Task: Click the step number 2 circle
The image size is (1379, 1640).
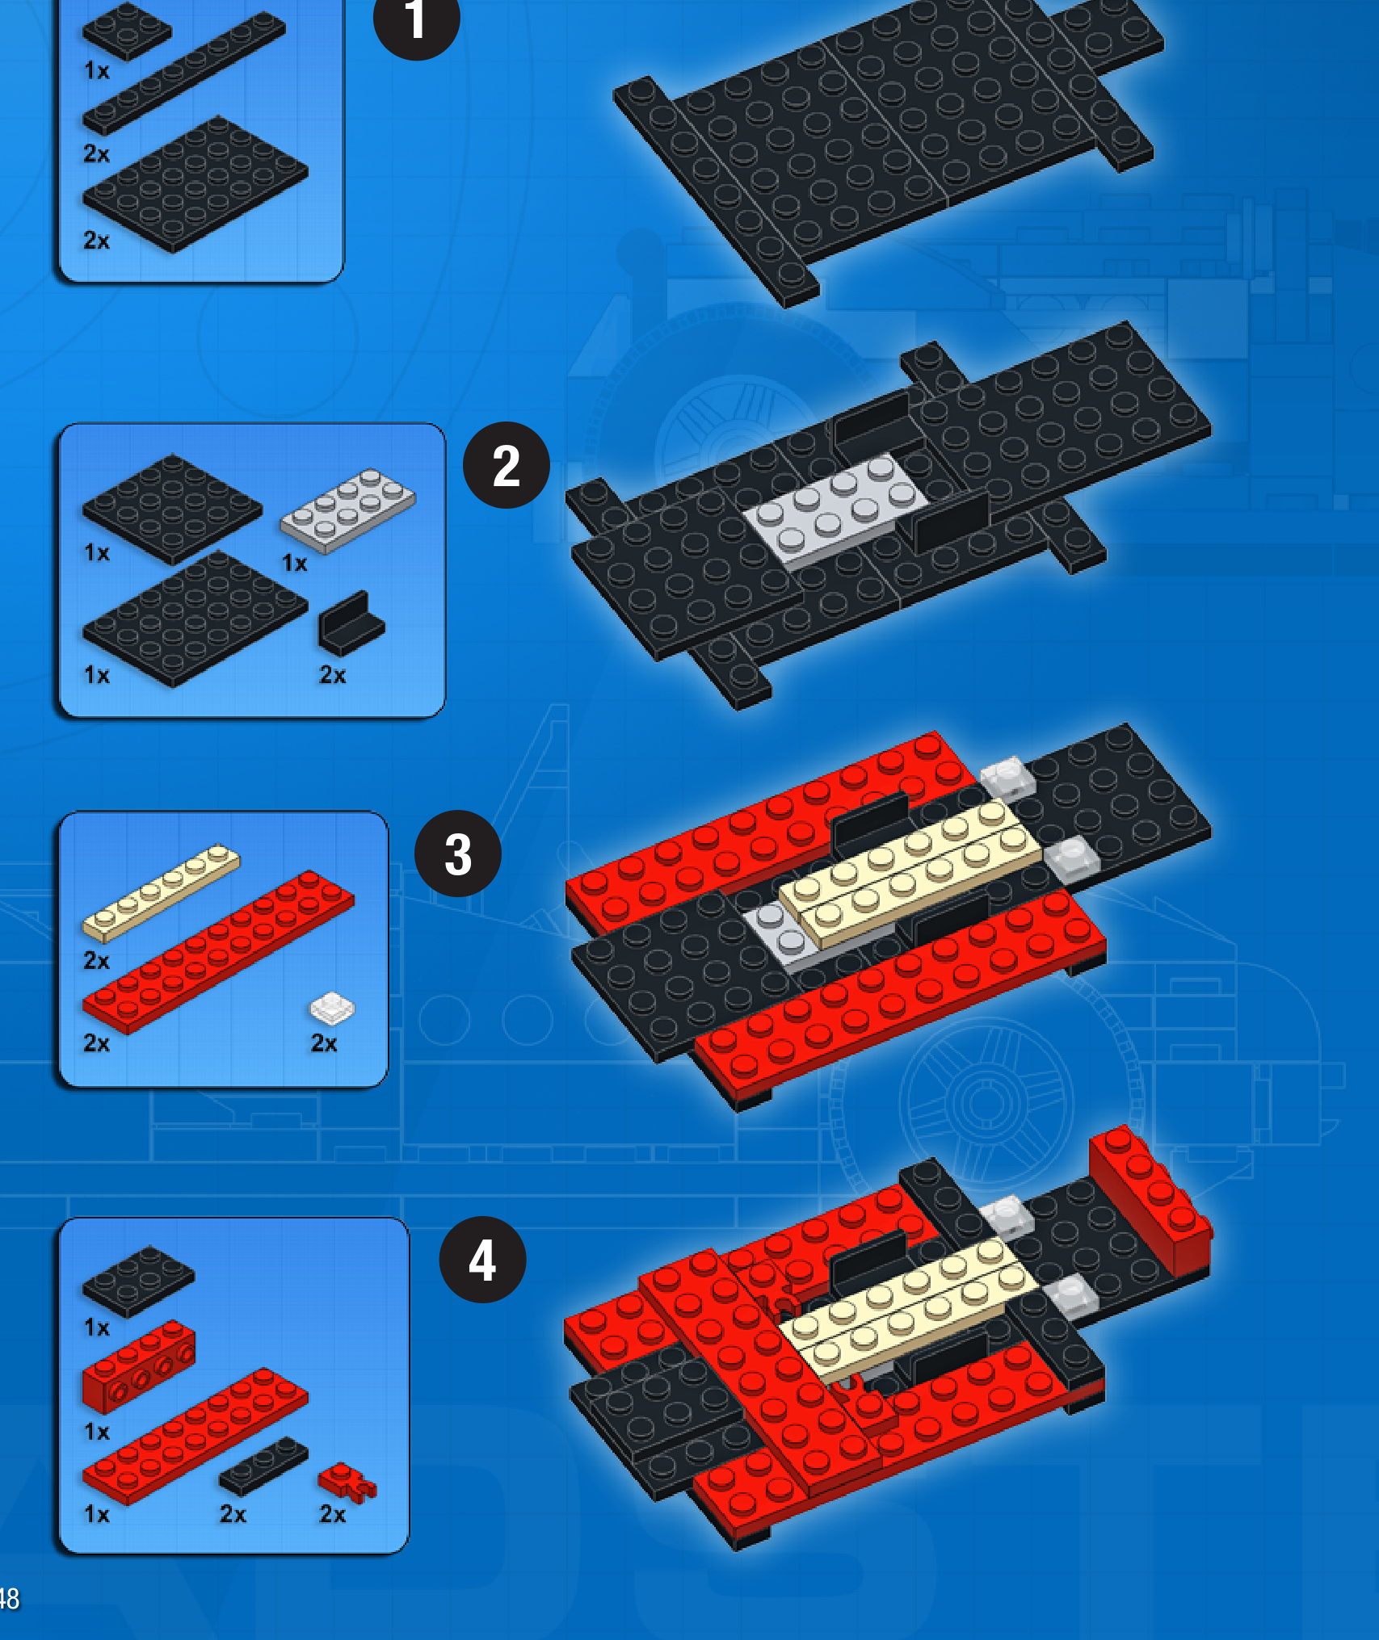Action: click(506, 465)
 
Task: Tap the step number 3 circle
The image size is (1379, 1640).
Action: click(457, 854)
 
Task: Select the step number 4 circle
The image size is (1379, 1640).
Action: click(482, 1260)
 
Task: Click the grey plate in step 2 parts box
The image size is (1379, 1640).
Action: click(347, 510)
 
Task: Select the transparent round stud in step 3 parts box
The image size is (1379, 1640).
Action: click(332, 1009)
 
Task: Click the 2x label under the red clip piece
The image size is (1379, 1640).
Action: click(332, 1514)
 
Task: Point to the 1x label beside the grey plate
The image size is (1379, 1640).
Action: click(294, 563)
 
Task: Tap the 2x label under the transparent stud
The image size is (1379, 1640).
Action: click(324, 1043)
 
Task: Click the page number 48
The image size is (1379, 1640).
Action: click(9, 1598)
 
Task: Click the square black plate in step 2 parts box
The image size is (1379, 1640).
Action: click(171, 509)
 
